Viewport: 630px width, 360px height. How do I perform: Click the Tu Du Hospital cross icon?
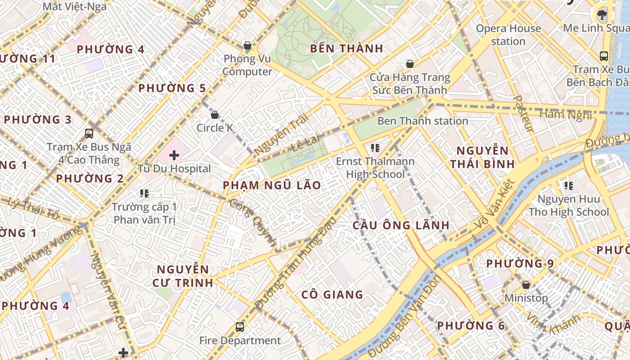coord(174,156)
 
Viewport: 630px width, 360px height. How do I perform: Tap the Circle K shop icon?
coord(215,115)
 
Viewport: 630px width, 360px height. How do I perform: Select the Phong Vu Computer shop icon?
coord(247,45)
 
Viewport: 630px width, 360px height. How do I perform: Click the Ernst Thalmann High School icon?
coord(375,148)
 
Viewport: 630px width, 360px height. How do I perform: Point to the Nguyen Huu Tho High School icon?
coord(568,185)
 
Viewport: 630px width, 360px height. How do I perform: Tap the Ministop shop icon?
coord(526,285)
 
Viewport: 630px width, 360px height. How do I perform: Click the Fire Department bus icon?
coord(240,327)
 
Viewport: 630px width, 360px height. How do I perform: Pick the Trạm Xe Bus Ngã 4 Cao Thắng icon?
coord(89,134)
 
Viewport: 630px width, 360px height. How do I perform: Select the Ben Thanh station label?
coord(423,121)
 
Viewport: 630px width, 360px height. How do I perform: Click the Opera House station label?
coord(508,35)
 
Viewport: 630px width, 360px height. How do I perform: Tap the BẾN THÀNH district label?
coord(346,49)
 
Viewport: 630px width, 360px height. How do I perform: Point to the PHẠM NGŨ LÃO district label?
coord(272,185)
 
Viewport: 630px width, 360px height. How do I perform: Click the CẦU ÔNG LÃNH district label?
coord(401,225)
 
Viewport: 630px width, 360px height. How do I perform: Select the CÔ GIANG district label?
coord(332,295)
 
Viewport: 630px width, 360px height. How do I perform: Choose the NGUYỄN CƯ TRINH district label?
coord(184,276)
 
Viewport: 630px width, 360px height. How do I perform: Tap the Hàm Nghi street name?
coord(566,114)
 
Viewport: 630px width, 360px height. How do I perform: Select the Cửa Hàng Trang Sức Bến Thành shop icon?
coord(409,64)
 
